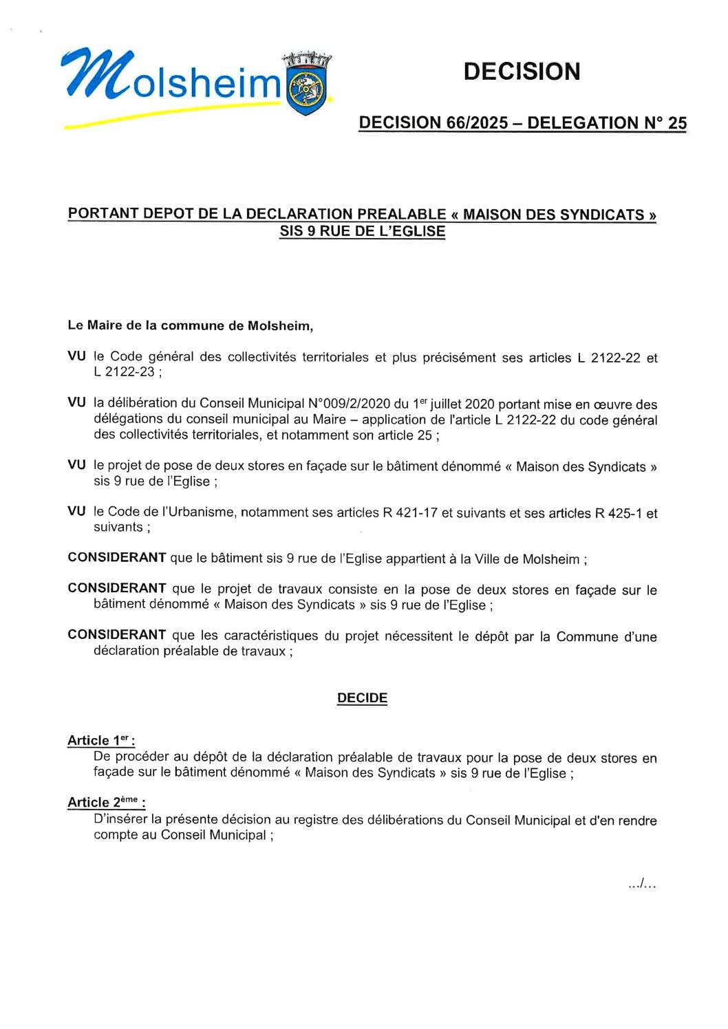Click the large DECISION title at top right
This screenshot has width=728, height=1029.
coord(522,72)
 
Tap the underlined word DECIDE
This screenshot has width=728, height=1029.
coord(362,698)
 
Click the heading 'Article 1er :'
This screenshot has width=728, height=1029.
coord(100,741)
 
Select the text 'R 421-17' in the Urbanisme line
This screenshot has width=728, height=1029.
coord(409,512)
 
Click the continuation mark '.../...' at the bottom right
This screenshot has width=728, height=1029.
coord(642,884)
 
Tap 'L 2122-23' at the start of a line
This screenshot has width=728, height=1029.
coord(125,372)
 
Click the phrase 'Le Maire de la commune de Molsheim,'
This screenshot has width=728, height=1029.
coord(190,325)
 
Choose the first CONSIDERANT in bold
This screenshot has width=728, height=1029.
coord(116,558)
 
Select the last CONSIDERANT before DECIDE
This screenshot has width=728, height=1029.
coord(116,635)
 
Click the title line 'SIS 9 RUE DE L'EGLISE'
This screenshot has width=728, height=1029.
coord(362,232)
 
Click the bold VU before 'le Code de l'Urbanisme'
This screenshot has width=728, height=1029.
coord(76,511)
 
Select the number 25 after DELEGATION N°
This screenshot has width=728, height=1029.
coord(677,123)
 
